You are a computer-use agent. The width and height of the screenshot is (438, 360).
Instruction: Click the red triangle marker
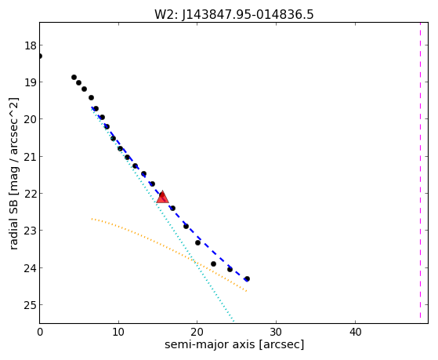click(x=162, y=197)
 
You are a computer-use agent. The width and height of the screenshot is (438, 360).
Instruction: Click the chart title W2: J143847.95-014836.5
click(x=234, y=15)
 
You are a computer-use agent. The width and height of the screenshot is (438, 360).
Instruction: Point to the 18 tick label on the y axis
click(x=31, y=45)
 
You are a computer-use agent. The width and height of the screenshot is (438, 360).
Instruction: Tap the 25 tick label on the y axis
click(x=31, y=305)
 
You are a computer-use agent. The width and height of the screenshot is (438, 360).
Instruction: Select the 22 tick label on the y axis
click(x=31, y=194)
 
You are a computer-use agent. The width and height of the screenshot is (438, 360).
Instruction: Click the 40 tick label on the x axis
click(x=355, y=333)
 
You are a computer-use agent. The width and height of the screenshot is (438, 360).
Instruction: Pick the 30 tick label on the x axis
click(x=277, y=333)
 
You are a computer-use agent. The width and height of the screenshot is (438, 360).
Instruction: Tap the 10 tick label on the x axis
click(x=118, y=333)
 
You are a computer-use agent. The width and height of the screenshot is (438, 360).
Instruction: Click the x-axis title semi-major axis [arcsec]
click(x=234, y=344)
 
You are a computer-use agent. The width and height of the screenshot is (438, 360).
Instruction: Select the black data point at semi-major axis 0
click(x=40, y=56)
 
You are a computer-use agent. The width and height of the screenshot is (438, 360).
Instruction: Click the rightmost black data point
click(x=247, y=279)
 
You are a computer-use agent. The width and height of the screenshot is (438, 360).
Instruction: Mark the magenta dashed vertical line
click(x=420, y=170)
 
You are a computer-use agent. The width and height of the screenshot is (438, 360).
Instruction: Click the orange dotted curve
click(x=168, y=248)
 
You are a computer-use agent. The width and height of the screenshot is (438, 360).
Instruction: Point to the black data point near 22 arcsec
click(x=213, y=264)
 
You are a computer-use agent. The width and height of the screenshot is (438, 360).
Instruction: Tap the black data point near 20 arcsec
click(x=197, y=242)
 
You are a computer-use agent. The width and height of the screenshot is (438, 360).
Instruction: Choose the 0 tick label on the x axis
click(x=40, y=333)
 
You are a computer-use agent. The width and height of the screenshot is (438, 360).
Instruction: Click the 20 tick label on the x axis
click(x=197, y=333)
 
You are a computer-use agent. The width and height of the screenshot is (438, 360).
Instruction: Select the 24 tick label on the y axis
click(x=31, y=268)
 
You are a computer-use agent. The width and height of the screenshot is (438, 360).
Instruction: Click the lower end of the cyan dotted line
click(x=233, y=322)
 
